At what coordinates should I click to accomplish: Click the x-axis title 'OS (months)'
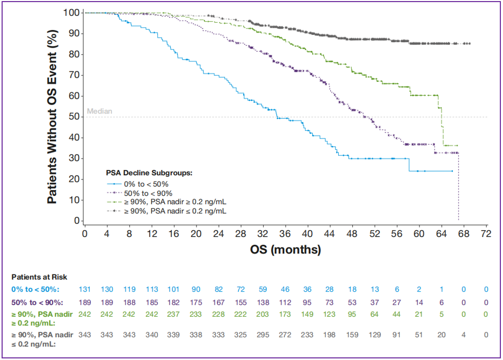point(286,249)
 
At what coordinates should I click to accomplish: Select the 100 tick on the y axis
point(70,13)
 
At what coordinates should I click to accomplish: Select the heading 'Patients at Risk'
point(40,277)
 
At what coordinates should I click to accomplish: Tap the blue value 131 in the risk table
point(85,289)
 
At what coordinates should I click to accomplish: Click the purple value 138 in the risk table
point(263,302)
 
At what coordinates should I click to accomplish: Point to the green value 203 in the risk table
point(263,314)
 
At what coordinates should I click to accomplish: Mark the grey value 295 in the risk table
point(263,334)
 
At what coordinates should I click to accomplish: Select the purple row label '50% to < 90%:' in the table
point(38,302)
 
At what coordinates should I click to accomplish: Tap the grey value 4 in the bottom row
point(464,334)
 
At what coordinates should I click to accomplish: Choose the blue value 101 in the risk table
point(174,289)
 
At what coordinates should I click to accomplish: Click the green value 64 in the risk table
point(375,314)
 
